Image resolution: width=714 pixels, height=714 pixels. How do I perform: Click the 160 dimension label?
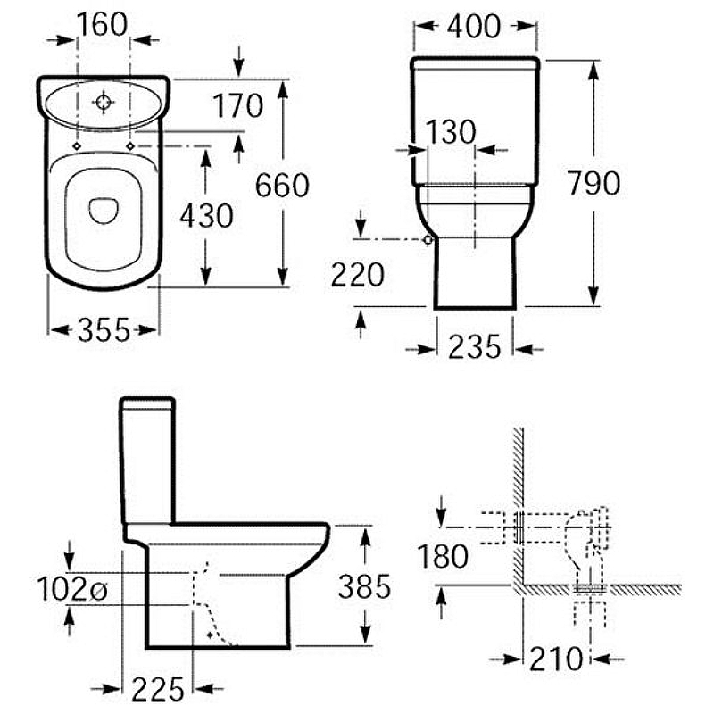point(102,25)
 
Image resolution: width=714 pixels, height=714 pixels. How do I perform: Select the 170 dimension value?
point(237,105)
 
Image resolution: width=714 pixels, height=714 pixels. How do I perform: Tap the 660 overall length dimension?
point(282,186)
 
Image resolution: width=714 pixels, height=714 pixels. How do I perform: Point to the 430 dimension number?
point(206,215)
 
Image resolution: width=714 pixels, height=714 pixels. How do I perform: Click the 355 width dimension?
point(104,329)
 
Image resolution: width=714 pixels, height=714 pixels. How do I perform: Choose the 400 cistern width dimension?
point(474,27)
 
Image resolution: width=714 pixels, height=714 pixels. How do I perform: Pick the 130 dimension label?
point(451,132)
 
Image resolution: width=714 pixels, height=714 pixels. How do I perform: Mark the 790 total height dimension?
point(594,183)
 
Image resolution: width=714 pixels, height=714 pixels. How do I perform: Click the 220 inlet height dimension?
point(358,275)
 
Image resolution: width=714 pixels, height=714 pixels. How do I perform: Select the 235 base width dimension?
point(475,347)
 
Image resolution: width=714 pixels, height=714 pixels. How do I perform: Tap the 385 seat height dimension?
point(364,586)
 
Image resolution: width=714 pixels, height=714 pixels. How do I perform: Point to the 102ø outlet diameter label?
point(72,589)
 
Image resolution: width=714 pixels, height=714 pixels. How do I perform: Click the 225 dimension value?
point(158,688)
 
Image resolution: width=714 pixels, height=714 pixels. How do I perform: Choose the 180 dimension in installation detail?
point(443,556)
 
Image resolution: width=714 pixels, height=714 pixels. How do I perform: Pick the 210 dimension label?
point(556,659)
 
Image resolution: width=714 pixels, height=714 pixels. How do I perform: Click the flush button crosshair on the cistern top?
point(104,102)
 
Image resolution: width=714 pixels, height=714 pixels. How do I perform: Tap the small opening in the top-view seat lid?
point(104,211)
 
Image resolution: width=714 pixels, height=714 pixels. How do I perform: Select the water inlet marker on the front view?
point(428,239)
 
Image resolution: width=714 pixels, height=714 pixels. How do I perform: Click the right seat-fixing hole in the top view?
point(130,146)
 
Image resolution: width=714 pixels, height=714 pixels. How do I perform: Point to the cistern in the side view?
point(147,461)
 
